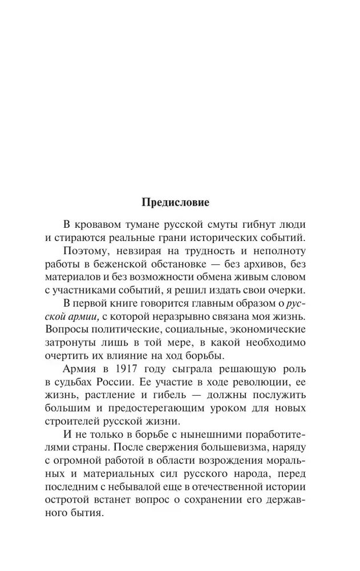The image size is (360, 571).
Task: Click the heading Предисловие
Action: pyautogui.click(x=176, y=202)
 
